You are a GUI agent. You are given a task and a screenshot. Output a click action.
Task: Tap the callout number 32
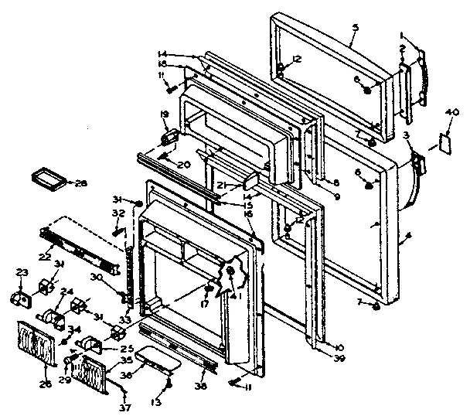118,213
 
